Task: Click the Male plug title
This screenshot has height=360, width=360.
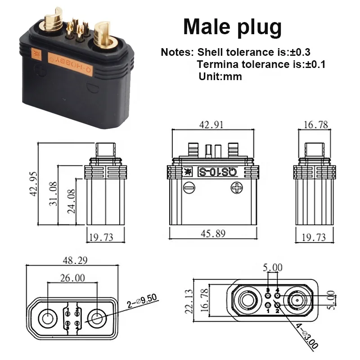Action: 232,27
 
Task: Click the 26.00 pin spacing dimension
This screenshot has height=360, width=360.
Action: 72,278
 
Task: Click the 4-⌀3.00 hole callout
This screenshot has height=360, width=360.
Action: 306,335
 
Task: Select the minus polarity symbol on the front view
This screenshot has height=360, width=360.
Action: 189,187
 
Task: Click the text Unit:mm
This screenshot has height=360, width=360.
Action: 220,76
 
